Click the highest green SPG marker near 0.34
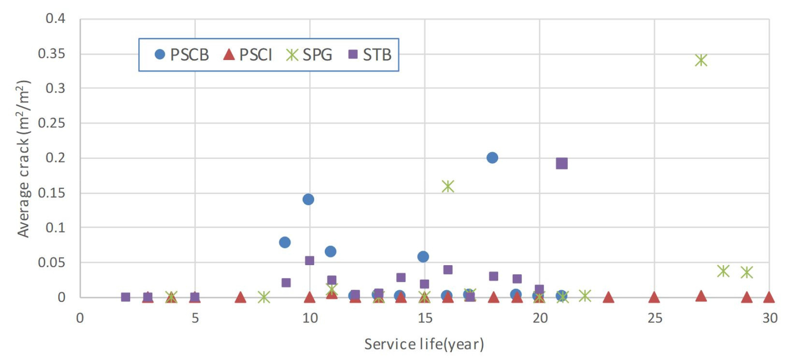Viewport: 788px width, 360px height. coord(701,60)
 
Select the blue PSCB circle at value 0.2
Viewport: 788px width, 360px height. coord(492,157)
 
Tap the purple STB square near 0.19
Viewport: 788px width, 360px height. coord(562,164)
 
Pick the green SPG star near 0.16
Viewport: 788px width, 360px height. coord(448,186)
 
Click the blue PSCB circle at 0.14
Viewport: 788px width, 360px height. coord(308,199)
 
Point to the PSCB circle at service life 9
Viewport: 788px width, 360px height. coord(285,242)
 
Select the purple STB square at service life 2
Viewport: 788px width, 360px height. coord(125,297)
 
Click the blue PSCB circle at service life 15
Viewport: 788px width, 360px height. coord(423,256)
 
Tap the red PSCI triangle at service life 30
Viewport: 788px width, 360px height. coord(769,297)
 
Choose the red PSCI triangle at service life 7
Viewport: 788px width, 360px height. coord(240,297)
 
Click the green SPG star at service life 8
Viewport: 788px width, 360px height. coord(264,297)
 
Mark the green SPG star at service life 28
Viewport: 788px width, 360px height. coord(723,271)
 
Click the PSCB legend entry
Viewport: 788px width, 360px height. coord(182,55)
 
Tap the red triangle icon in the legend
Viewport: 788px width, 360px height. coord(229,54)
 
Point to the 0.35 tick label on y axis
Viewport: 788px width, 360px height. coord(52,54)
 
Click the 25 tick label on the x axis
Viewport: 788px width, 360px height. coord(655,318)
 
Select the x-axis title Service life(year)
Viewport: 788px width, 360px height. coord(424,344)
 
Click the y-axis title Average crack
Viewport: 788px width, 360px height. coord(23,159)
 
